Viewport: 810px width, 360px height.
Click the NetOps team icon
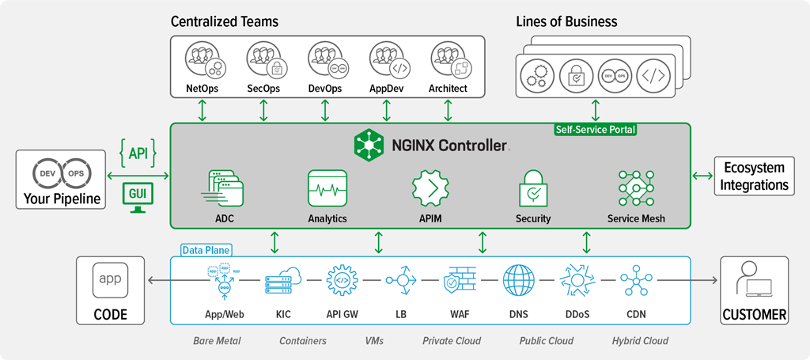pyautogui.click(x=202, y=61)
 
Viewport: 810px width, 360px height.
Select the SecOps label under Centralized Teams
pyautogui.click(x=263, y=89)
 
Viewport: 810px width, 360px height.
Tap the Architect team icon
pyautogui.click(x=448, y=61)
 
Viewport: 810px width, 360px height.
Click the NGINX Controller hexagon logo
pyautogui.click(x=369, y=144)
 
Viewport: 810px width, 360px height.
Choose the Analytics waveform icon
pyautogui.click(x=327, y=188)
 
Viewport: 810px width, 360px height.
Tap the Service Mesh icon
pyautogui.click(x=636, y=188)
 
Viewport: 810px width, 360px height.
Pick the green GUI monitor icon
pyautogui.click(x=138, y=197)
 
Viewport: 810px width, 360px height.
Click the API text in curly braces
pyautogui.click(x=138, y=150)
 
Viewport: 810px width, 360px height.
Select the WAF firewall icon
pyautogui.click(x=460, y=281)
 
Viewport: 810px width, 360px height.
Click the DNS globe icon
pyautogui.click(x=519, y=281)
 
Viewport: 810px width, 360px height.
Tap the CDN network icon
pyautogui.click(x=636, y=281)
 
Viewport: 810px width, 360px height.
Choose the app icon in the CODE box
pyautogui.click(x=110, y=279)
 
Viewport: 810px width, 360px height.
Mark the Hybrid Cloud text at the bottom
pyautogui.click(x=640, y=341)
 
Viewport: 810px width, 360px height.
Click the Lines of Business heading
pyautogui.click(x=566, y=21)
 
